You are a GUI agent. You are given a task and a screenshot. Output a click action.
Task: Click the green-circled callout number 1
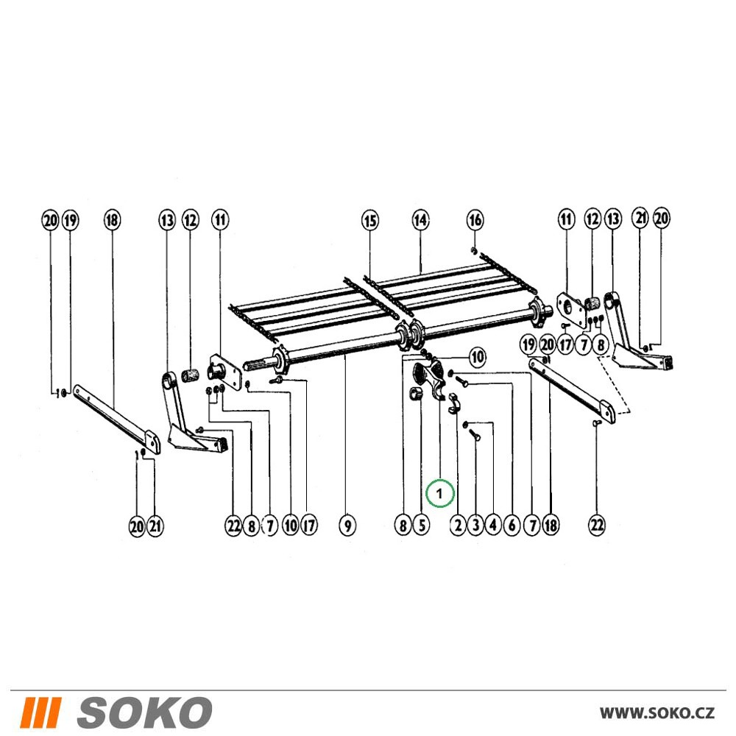[439, 495]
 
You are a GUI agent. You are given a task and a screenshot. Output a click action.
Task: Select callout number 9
[347, 525]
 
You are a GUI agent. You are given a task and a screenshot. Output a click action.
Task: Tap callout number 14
[420, 219]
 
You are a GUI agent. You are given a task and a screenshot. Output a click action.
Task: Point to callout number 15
[370, 220]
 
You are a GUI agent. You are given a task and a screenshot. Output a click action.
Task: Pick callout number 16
[475, 219]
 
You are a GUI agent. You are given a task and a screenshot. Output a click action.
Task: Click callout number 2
[458, 525]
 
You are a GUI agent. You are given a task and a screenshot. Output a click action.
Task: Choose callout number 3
[475, 525]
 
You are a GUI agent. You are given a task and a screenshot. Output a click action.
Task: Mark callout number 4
[493, 525]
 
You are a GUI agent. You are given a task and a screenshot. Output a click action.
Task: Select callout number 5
[421, 525]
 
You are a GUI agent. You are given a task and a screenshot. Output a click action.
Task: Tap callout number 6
[512, 525]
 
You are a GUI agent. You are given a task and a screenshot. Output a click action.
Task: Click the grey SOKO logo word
[144, 712]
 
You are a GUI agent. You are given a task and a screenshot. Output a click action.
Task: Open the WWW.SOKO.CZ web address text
[657, 712]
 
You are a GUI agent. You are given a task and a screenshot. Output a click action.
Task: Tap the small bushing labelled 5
[415, 394]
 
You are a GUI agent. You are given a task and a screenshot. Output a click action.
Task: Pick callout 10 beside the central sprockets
[477, 358]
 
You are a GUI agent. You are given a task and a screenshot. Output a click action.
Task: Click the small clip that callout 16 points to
[474, 251]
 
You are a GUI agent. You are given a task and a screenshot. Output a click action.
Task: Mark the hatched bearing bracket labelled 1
[431, 378]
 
